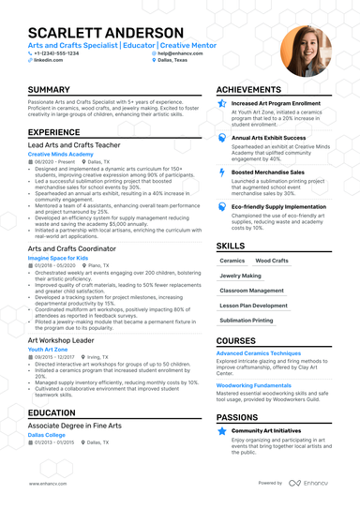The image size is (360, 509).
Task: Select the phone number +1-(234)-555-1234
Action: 57,53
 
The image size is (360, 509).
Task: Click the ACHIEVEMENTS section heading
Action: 256,90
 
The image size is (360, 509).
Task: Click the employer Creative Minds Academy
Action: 61,154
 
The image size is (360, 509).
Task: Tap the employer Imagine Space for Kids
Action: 58,256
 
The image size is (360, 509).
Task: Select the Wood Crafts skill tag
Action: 272,261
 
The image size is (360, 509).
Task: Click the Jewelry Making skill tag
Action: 241,276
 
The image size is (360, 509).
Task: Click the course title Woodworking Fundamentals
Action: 253,384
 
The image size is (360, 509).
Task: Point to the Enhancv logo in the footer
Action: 308,483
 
